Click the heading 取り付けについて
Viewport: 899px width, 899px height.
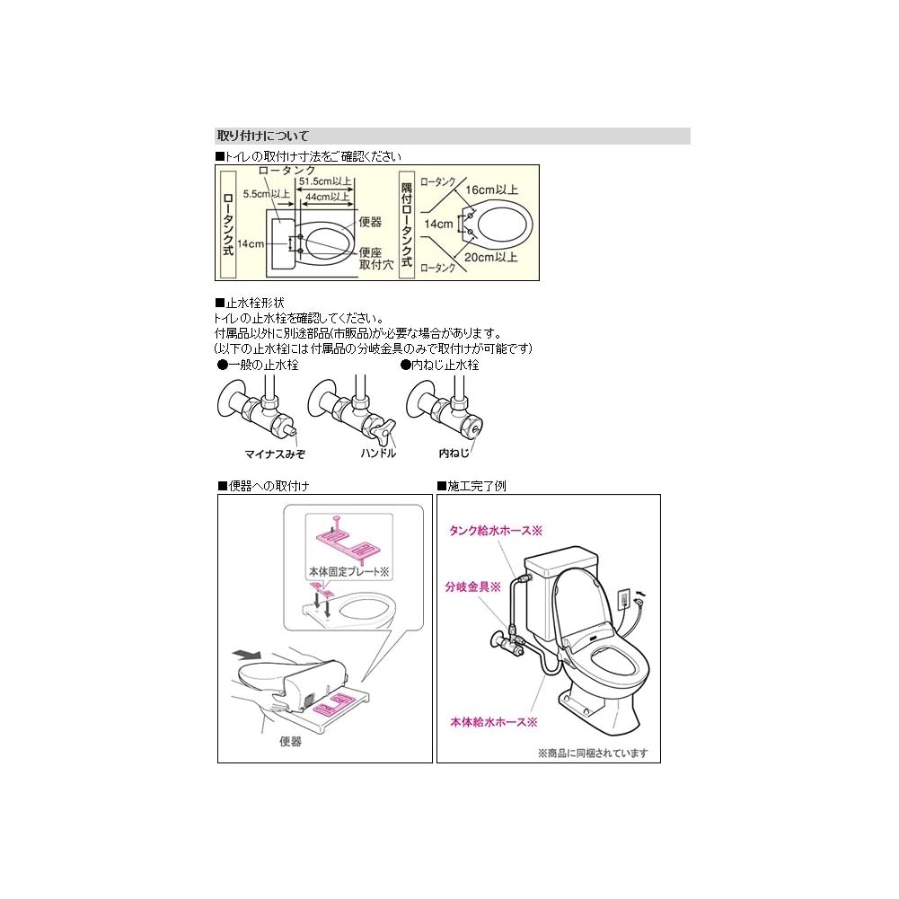point(263,137)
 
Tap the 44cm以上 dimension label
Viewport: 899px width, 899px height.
point(327,196)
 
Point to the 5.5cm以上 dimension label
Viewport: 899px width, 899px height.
point(267,193)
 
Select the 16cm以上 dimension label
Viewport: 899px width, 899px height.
point(491,189)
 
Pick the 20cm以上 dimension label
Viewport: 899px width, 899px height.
point(491,257)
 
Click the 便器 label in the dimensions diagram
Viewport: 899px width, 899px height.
point(370,222)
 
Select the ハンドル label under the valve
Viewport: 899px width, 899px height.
point(377,454)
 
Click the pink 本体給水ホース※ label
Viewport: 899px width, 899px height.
point(493,721)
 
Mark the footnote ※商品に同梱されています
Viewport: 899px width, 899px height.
point(592,754)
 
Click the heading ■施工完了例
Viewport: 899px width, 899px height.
point(472,486)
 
